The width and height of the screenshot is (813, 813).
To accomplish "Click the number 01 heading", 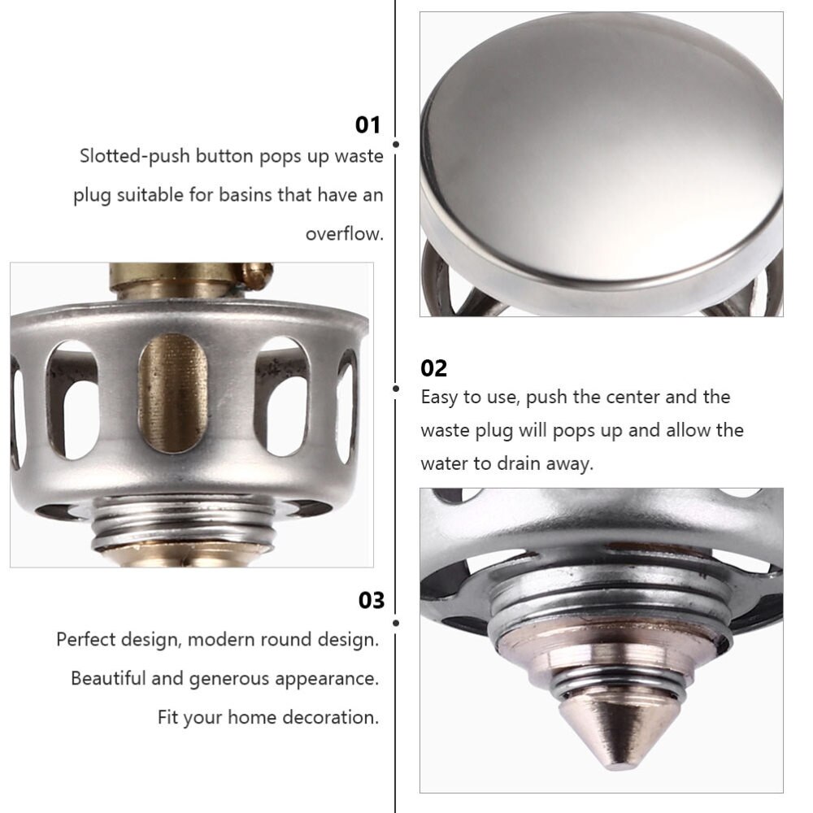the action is point(367,125).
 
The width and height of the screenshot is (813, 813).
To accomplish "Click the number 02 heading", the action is point(433,368).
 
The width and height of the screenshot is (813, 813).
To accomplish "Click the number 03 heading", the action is point(372,601).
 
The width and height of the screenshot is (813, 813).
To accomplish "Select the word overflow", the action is point(344,234).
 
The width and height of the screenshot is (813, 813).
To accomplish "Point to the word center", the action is point(633,398).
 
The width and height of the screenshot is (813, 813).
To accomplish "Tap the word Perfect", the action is point(86,639).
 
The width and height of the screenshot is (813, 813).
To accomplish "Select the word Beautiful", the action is point(108,678).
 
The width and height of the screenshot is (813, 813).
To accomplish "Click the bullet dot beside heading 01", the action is point(396,144).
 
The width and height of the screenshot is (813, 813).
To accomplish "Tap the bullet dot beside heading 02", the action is point(396,389).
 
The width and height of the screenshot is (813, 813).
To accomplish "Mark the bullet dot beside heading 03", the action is point(396,623).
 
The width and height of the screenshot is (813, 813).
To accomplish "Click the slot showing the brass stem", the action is point(172,393).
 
